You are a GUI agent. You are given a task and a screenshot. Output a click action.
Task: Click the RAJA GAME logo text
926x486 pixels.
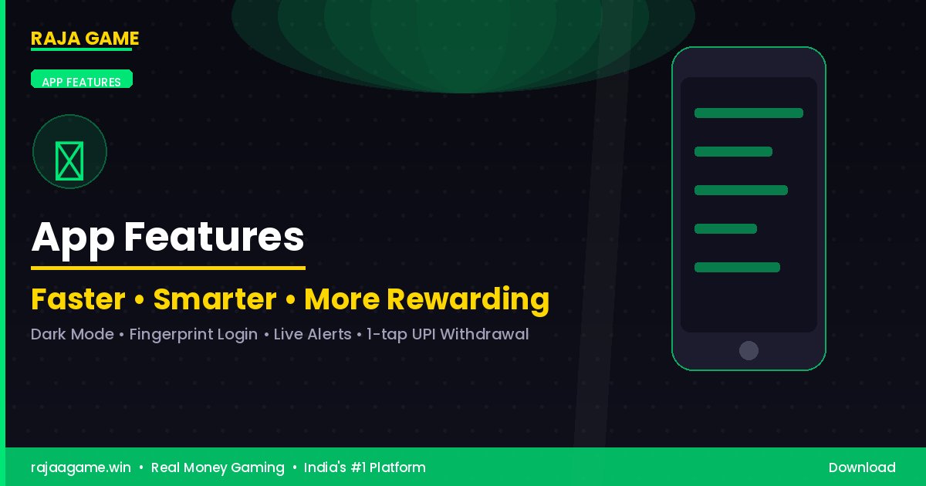pyautogui.click(x=85, y=39)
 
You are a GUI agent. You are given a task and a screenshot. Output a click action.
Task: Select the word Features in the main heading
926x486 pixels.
pyautogui.click(x=214, y=237)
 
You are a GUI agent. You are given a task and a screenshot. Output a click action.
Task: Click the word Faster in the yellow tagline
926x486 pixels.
pyautogui.click(x=78, y=299)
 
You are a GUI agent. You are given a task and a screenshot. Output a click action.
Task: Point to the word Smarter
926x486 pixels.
pyautogui.click(x=215, y=299)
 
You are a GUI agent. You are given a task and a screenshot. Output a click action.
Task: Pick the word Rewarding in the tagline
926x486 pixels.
pyautogui.click(x=468, y=299)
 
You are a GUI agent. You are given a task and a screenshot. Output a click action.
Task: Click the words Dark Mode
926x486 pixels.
pyautogui.click(x=72, y=335)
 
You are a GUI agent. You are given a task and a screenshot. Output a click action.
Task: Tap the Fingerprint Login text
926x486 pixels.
pyautogui.click(x=193, y=335)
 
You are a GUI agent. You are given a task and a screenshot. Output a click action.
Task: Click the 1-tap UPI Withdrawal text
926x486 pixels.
pyautogui.click(x=448, y=335)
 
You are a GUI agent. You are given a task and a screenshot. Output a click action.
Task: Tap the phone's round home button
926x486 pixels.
pyautogui.click(x=749, y=350)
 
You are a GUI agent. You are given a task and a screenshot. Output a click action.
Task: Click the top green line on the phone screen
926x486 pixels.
pyautogui.click(x=749, y=113)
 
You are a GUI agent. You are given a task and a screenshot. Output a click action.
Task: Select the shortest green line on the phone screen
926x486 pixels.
pyautogui.click(x=725, y=229)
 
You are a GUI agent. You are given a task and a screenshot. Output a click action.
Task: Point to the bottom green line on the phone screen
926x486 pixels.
pyautogui.click(x=737, y=268)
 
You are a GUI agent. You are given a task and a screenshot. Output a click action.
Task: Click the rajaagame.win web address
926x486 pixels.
pyautogui.click(x=81, y=467)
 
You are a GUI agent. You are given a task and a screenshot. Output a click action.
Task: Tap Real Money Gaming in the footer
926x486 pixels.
pyautogui.click(x=218, y=467)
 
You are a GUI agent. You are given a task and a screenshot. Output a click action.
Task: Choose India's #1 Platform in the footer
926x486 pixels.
pyautogui.click(x=364, y=467)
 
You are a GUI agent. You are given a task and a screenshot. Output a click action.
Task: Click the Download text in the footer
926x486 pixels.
pyautogui.click(x=862, y=467)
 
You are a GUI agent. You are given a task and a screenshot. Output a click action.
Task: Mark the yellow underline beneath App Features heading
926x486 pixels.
pyautogui.click(x=168, y=268)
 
